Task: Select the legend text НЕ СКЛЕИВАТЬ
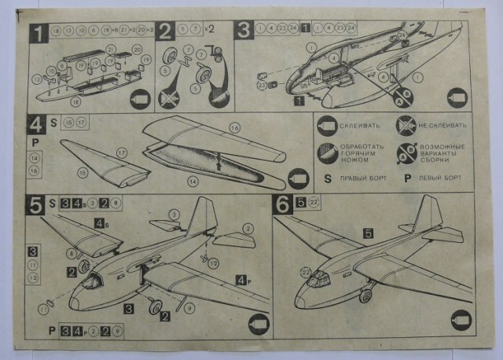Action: (x=442, y=125)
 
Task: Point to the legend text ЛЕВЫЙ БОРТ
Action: (x=446, y=177)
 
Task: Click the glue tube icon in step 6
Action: (x=462, y=320)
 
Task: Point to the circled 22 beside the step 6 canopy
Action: (x=305, y=271)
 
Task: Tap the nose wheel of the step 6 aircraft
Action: (x=365, y=296)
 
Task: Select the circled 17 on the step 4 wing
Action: (x=122, y=152)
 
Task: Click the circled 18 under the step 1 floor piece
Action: (x=76, y=101)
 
